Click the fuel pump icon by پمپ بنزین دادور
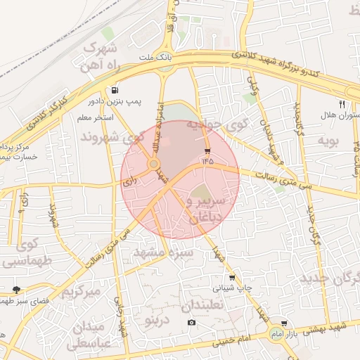point(115,90)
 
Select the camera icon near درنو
point(191,323)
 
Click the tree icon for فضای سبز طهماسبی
point(16,290)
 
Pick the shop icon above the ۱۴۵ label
point(207,151)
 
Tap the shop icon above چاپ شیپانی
point(232,277)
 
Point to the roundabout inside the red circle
point(153,165)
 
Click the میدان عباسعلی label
point(87,336)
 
